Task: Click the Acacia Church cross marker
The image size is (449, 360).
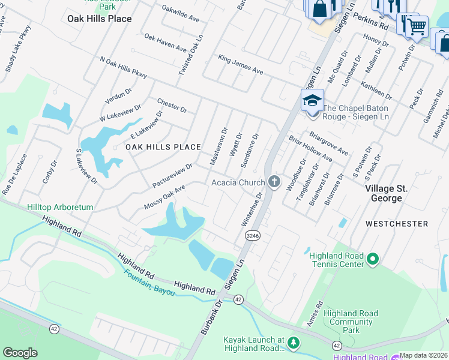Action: point(274,182)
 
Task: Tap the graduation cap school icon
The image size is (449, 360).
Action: point(312,100)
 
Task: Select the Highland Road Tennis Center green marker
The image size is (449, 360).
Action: point(373,260)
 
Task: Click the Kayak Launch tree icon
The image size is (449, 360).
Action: point(293,343)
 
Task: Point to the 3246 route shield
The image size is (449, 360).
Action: point(252,236)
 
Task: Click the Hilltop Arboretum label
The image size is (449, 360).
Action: point(60,207)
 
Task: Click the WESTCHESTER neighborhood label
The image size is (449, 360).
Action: point(397,224)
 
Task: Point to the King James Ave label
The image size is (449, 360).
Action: point(241,65)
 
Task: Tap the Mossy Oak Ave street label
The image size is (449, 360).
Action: point(164,197)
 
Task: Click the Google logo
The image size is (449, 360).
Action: point(20,353)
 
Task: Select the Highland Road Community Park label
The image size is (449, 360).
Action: point(351,322)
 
